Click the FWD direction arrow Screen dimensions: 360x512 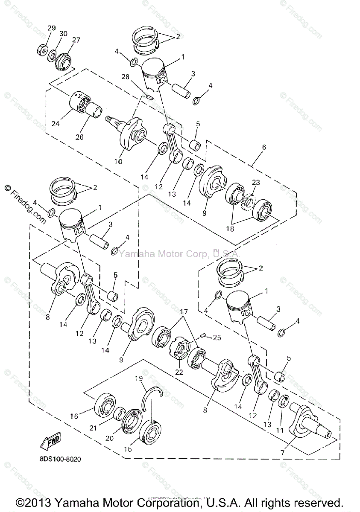pos(50,441)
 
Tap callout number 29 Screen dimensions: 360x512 pos(51,28)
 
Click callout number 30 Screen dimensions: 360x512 pos(63,34)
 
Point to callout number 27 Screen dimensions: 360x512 pos(76,40)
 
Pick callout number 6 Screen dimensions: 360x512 pos(264,147)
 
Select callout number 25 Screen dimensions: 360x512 pos(217,338)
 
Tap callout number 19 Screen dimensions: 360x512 pos(139,378)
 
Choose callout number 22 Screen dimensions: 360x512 pos(179,372)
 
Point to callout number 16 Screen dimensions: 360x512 pos(74,416)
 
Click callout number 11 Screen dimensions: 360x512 pos(279,431)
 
